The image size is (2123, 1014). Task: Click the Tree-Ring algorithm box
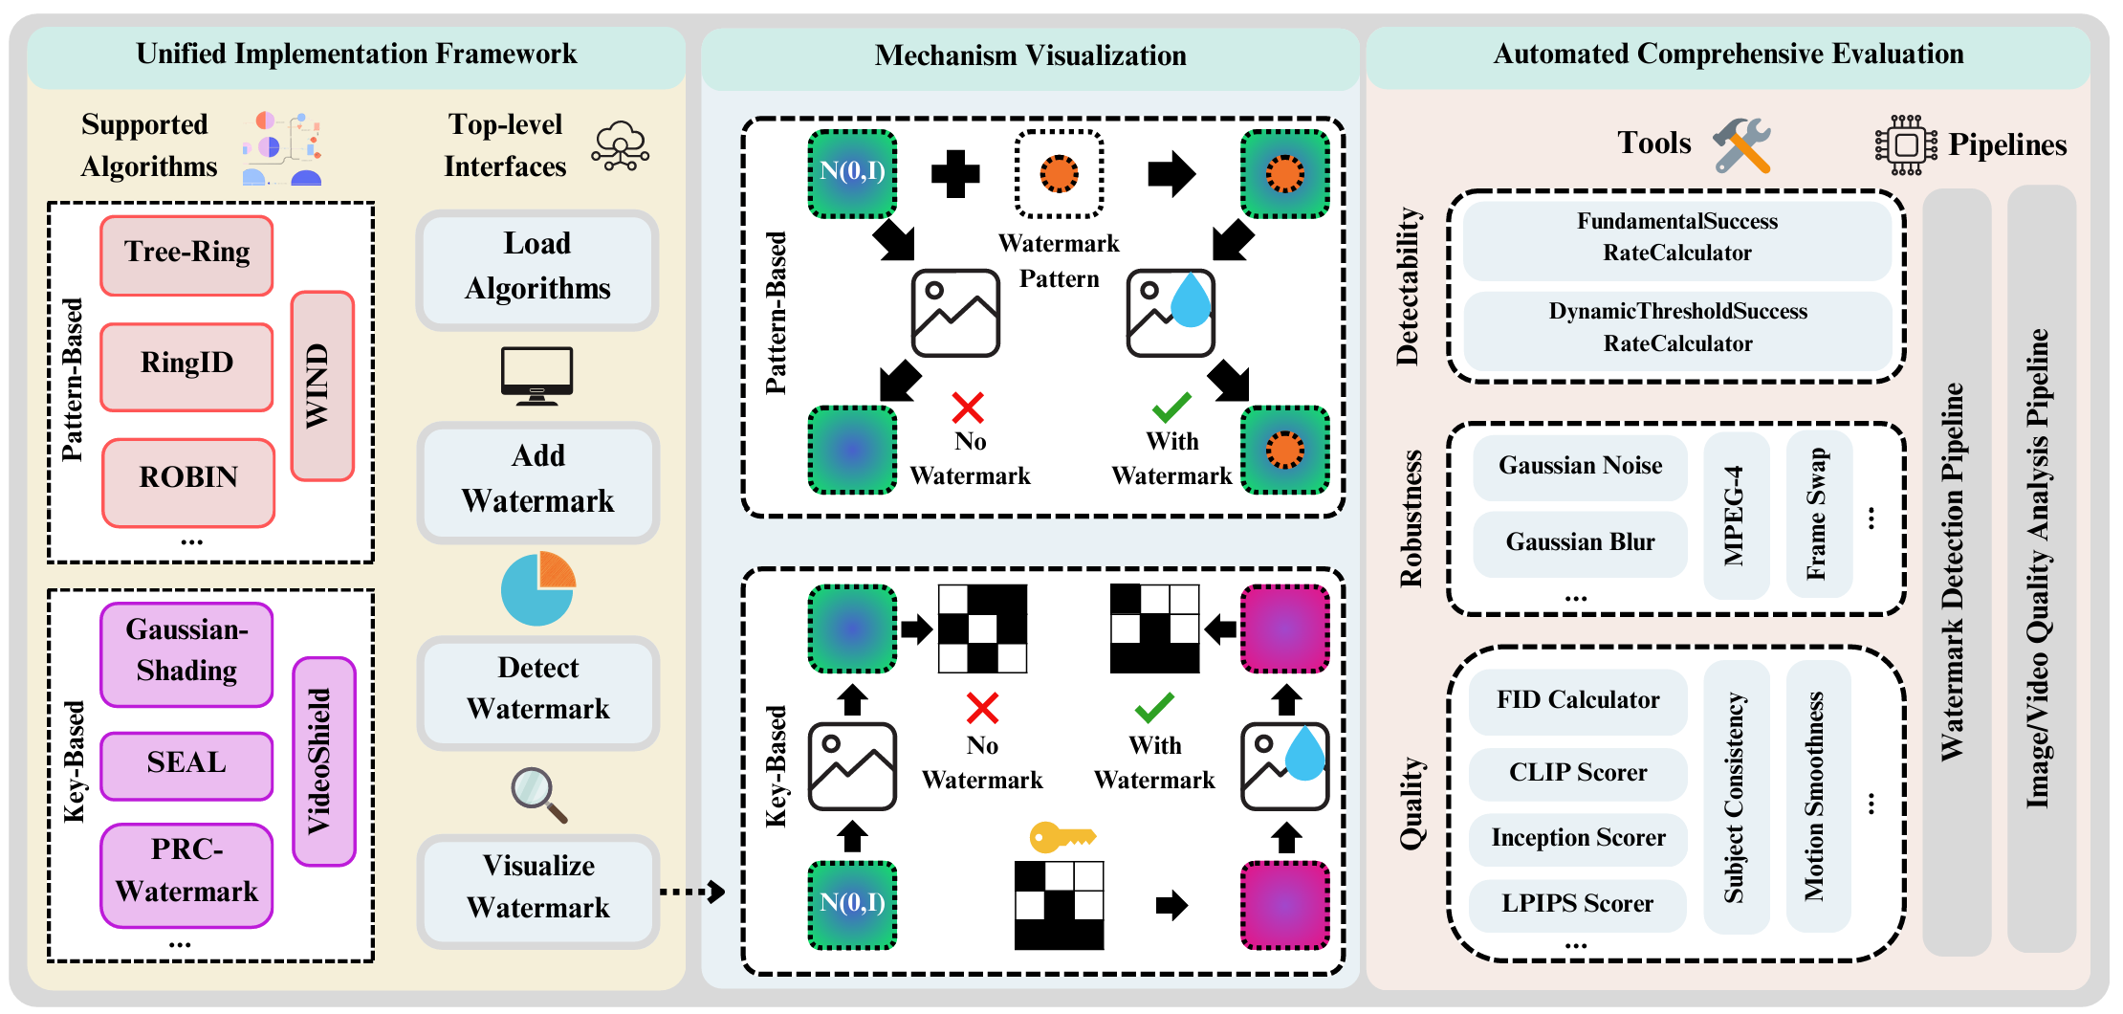coord(186,254)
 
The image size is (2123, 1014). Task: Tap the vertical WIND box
coord(322,386)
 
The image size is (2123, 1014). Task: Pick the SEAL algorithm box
coord(186,765)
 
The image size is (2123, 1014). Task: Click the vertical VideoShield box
coord(323,761)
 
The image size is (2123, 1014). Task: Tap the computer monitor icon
coord(537,375)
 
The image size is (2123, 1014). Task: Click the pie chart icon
coord(537,587)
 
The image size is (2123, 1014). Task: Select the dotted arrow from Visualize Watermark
coord(691,892)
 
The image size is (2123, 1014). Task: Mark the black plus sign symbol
coord(955,174)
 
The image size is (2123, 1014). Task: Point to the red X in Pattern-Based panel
coord(968,408)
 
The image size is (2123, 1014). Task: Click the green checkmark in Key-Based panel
coord(1154,708)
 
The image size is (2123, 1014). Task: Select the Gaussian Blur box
coord(1580,543)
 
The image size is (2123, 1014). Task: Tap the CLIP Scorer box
coord(1578,773)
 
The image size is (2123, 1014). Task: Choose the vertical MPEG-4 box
coord(1736,517)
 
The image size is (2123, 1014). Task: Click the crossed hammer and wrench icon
coord(1741,145)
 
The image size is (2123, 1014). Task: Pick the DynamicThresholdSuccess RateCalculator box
coord(1677,329)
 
